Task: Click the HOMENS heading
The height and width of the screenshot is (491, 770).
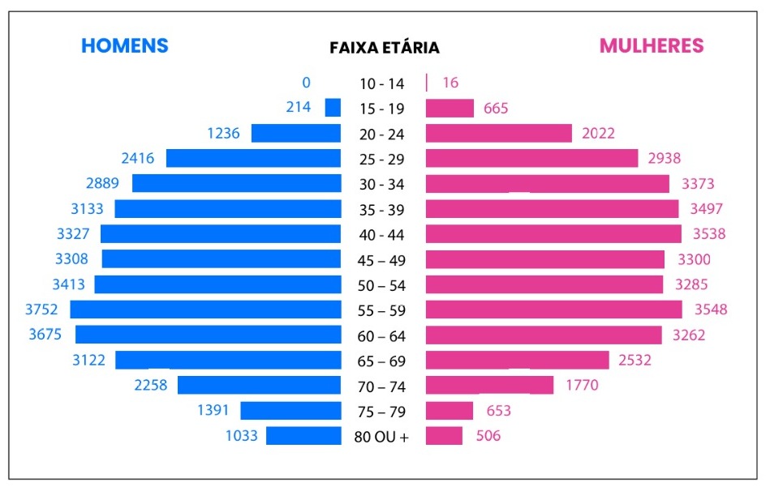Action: [124, 45]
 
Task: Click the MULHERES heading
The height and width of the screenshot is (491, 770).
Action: [651, 45]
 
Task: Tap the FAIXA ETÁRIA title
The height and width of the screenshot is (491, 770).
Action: [385, 48]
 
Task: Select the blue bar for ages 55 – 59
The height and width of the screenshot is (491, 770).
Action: [205, 310]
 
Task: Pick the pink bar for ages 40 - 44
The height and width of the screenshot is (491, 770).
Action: [553, 234]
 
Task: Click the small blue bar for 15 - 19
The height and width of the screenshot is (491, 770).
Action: [333, 108]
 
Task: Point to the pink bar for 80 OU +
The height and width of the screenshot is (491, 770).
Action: [444, 436]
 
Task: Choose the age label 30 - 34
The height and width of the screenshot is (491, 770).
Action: [381, 184]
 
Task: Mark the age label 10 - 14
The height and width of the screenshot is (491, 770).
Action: [381, 83]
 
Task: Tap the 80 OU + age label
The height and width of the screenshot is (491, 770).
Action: [381, 437]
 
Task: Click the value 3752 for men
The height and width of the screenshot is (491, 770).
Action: [41, 310]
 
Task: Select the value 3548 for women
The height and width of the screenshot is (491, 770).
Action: [711, 310]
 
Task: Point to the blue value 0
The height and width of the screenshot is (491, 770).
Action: [306, 82]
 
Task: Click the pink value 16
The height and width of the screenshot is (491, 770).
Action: [450, 83]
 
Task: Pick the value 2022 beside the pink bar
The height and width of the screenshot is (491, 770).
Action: [598, 133]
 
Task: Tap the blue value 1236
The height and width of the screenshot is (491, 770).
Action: [223, 133]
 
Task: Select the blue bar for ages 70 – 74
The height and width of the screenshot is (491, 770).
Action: [259, 385]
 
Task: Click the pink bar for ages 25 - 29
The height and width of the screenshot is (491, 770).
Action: [531, 158]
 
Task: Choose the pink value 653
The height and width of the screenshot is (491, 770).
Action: [498, 411]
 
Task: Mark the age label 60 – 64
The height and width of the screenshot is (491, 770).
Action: [381, 335]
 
